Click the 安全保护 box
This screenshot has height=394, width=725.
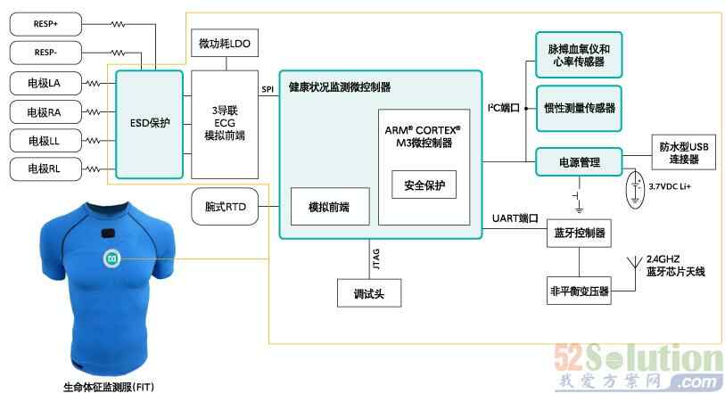click(424, 185)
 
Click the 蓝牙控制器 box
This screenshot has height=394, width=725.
click(580, 234)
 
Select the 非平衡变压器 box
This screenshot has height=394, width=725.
click(580, 291)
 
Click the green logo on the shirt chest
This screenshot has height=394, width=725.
click(112, 258)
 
